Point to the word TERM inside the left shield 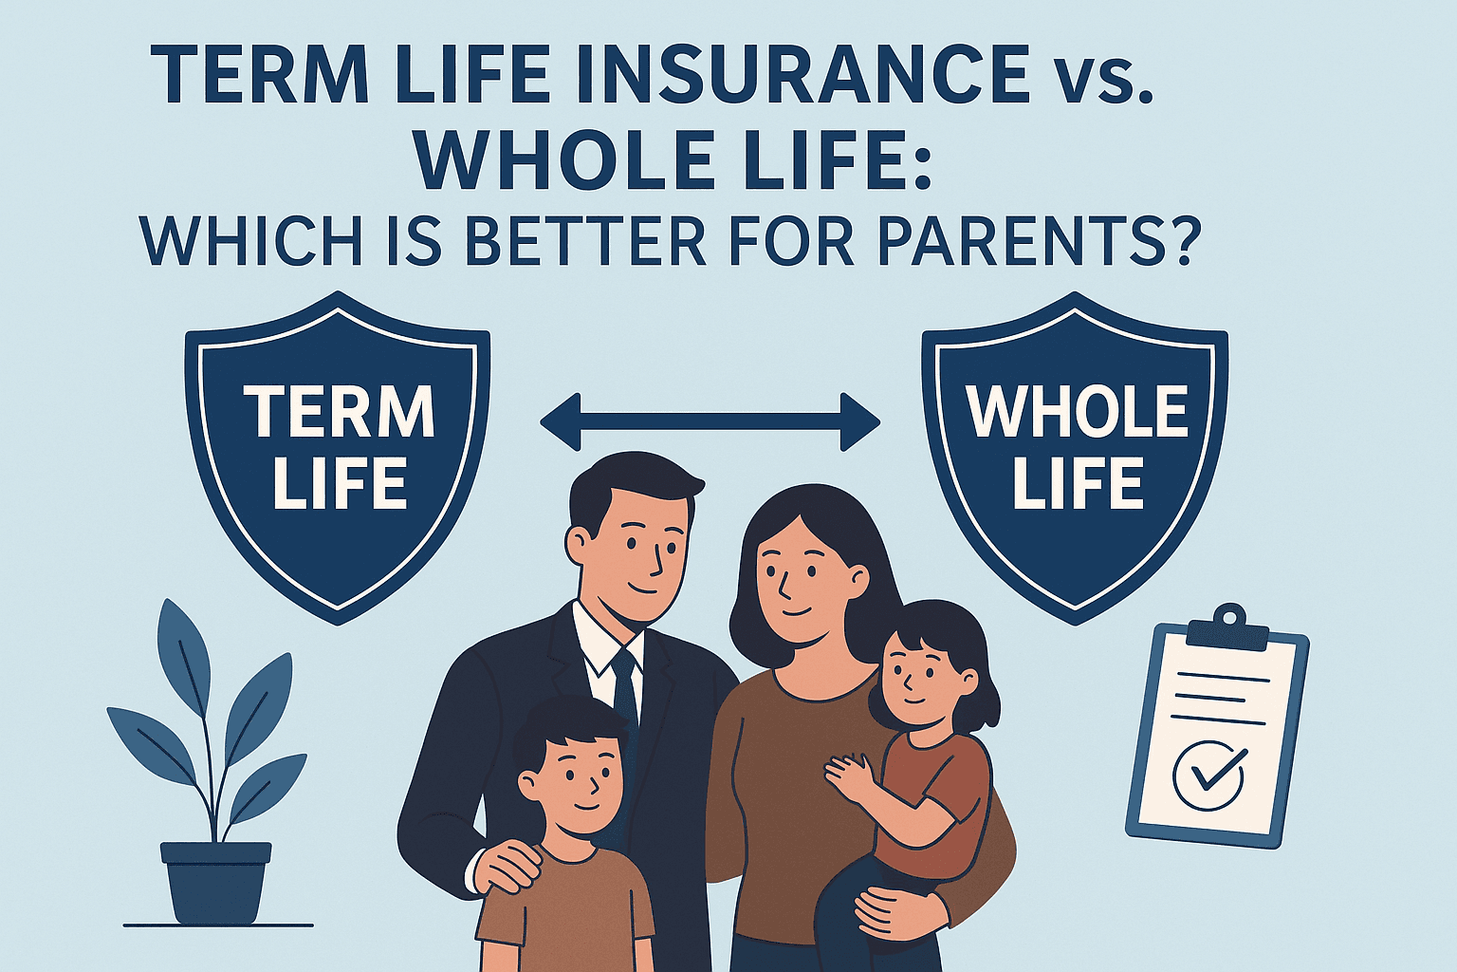pos(340,413)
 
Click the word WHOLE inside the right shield pos(1076,413)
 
